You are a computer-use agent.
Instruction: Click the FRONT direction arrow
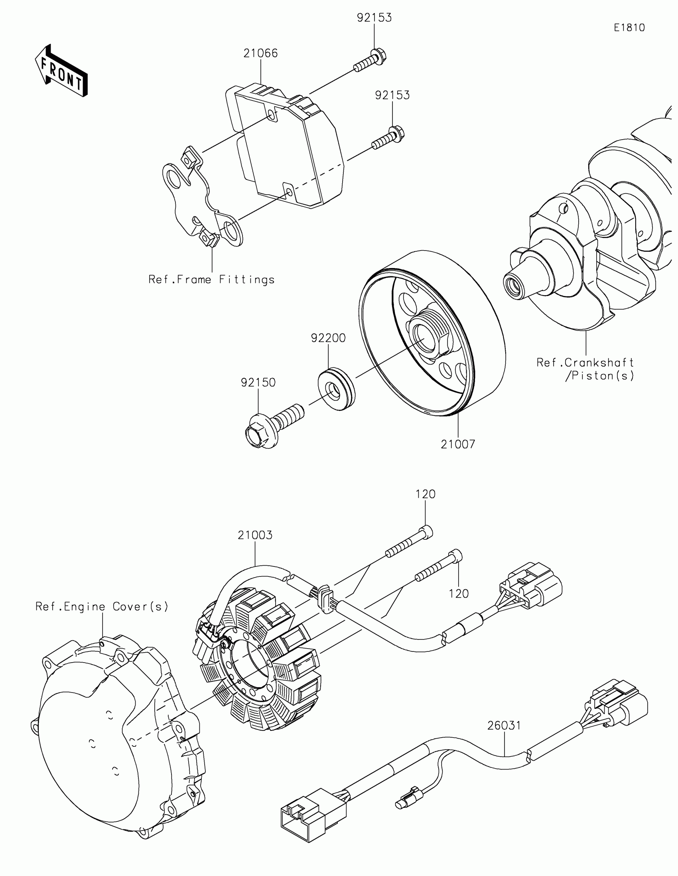tap(61, 71)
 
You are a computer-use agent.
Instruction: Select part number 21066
tap(260, 53)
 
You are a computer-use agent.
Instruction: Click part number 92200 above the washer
tap(328, 338)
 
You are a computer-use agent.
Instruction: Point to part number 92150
tap(258, 383)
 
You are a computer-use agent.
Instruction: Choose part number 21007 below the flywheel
tap(458, 444)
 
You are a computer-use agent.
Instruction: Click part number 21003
tap(255, 535)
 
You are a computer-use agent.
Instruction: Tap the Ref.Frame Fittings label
tap(212, 280)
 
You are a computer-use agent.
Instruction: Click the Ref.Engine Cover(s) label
tap(102, 606)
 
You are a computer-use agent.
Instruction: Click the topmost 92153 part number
tap(374, 18)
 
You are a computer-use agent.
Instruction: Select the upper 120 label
tap(426, 494)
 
